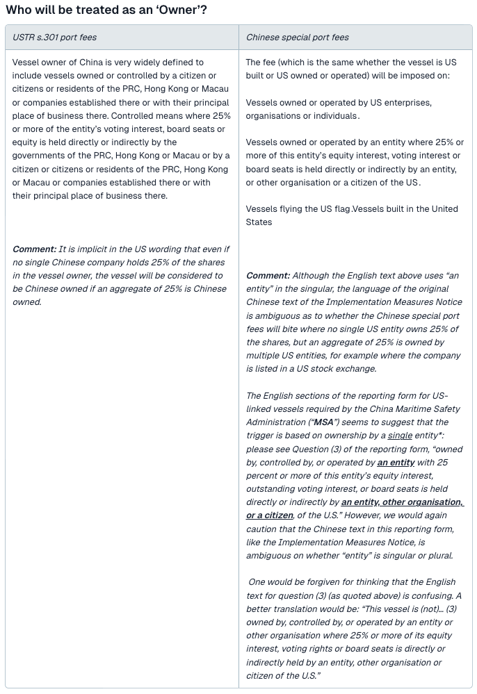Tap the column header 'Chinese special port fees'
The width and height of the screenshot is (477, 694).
(x=298, y=38)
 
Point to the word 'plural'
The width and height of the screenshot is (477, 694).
(x=439, y=555)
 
